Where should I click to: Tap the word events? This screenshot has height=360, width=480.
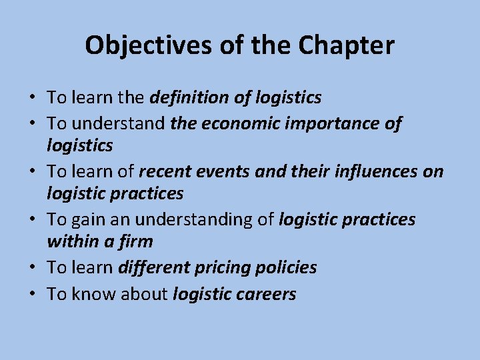[224, 171]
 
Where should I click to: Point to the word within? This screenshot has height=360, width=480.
[73, 241]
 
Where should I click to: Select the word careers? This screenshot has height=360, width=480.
[265, 294]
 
